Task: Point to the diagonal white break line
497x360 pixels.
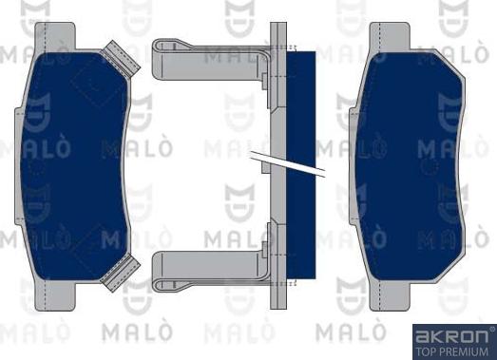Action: click(285, 163)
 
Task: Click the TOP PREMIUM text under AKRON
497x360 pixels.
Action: click(452, 350)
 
